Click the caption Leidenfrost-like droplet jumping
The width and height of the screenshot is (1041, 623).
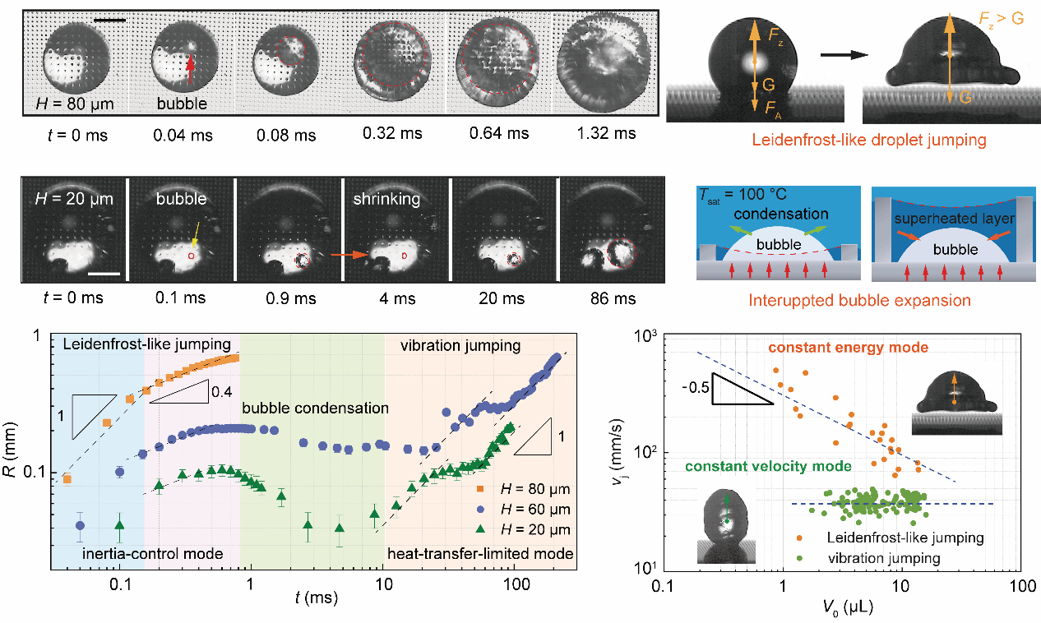click(x=854, y=140)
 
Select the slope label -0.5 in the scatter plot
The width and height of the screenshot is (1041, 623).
click(x=696, y=384)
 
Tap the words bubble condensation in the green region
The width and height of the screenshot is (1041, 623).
click(x=314, y=408)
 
